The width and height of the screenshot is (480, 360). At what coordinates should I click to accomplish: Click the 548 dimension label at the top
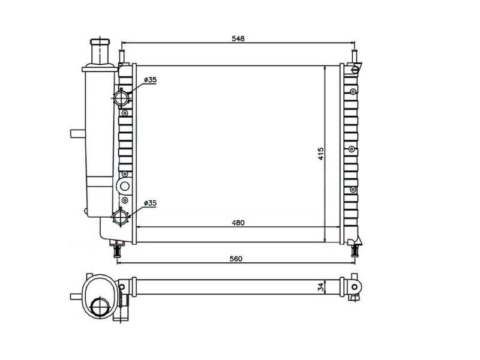pyautogui.click(x=238, y=38)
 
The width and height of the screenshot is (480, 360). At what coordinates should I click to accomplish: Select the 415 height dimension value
pyautogui.click(x=320, y=154)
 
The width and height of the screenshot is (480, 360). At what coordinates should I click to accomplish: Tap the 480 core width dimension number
pyautogui.click(x=238, y=223)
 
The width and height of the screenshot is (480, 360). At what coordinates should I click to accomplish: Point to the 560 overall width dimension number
pyautogui.click(x=235, y=259)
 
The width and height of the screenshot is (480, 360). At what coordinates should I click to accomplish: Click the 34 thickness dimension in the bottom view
pyautogui.click(x=321, y=287)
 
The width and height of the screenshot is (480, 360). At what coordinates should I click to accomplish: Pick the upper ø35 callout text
pyautogui.click(x=150, y=80)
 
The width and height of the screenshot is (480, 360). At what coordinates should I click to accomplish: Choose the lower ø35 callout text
pyautogui.click(x=150, y=203)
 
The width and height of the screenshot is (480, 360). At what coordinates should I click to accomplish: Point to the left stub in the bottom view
pyautogui.click(x=75, y=296)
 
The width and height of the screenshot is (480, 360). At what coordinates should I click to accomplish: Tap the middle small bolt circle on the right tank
pyautogui.click(x=353, y=150)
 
